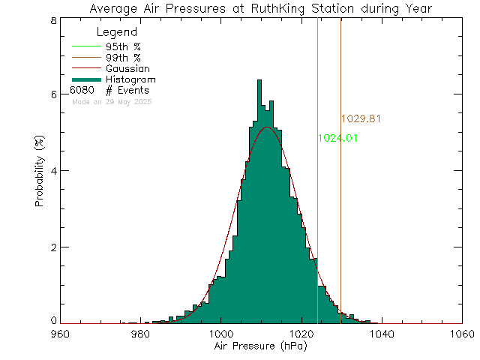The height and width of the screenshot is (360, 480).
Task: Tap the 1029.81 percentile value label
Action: (x=361, y=118)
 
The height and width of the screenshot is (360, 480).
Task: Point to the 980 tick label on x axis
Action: (x=139, y=334)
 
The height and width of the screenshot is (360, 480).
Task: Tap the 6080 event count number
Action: (x=82, y=90)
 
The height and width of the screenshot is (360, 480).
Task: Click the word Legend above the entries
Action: (x=117, y=32)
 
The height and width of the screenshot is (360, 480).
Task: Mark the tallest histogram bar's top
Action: (x=259, y=79)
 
